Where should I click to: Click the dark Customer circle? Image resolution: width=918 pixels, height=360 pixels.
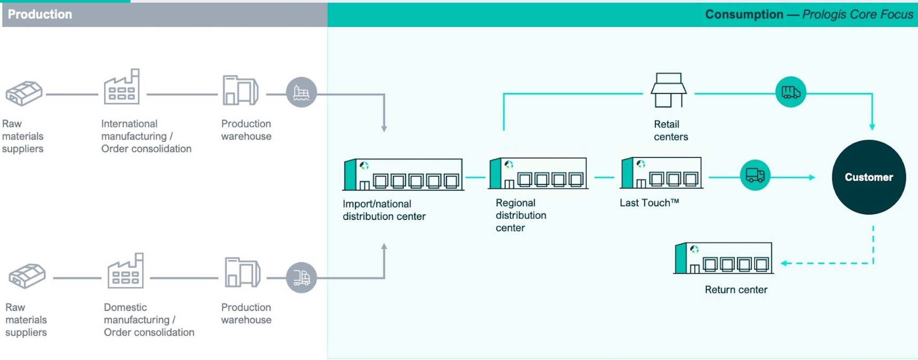pyautogui.click(x=868, y=177)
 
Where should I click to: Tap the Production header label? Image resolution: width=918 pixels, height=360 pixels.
pyautogui.click(x=40, y=14)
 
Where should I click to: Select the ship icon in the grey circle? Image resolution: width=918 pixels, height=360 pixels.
pyautogui.click(x=302, y=93)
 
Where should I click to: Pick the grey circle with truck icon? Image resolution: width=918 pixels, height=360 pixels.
pyautogui.click(x=302, y=277)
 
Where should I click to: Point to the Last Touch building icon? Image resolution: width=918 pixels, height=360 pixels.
pyautogui.click(x=661, y=173)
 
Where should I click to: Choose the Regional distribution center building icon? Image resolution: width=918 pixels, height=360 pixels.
pyautogui.click(x=538, y=173)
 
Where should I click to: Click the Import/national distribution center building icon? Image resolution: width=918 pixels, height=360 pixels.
pyautogui.click(x=403, y=174)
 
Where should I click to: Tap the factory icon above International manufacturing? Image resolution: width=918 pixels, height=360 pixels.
pyautogui.click(x=122, y=87)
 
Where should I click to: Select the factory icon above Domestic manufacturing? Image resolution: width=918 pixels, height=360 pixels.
pyautogui.click(x=126, y=271)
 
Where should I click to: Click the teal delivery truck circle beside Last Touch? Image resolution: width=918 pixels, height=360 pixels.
pyautogui.click(x=755, y=175)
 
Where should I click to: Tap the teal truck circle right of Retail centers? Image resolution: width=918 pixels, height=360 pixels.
pyautogui.click(x=790, y=92)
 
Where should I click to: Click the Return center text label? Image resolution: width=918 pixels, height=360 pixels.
pyautogui.click(x=736, y=289)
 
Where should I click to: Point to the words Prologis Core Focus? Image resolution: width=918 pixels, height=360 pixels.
pyautogui.click(x=858, y=14)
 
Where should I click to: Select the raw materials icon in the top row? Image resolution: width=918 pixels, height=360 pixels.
pyautogui.click(x=24, y=93)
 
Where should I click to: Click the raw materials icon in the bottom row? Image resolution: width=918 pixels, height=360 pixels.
pyautogui.click(x=27, y=276)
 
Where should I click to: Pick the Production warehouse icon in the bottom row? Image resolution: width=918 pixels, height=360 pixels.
pyautogui.click(x=242, y=273)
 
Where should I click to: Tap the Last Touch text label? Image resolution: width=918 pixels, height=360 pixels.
pyautogui.click(x=649, y=203)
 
